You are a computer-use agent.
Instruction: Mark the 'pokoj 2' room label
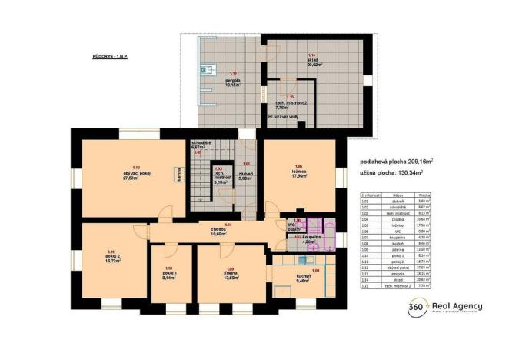[x=111, y=258]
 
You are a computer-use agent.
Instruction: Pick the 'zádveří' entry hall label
[x=245, y=175]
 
